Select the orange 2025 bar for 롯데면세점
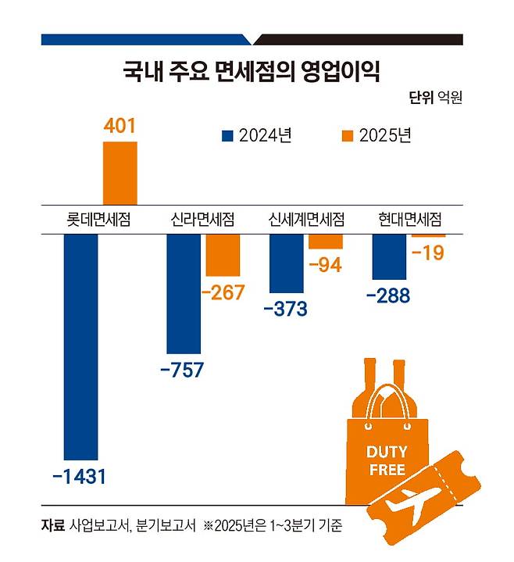pyautogui.click(x=120, y=174)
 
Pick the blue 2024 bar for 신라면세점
pyautogui.click(x=184, y=293)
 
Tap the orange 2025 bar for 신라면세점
pyautogui.click(x=223, y=255)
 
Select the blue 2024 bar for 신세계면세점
pyautogui.click(x=286, y=263)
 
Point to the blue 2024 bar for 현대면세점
pyautogui.click(x=389, y=256)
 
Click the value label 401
pyautogui.click(x=120, y=126)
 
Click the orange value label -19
pyautogui.click(x=427, y=253)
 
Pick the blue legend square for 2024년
pyautogui.click(x=228, y=135)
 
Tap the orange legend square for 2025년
pyautogui.click(x=348, y=135)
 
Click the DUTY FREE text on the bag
pyautogui.click(x=386, y=461)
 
